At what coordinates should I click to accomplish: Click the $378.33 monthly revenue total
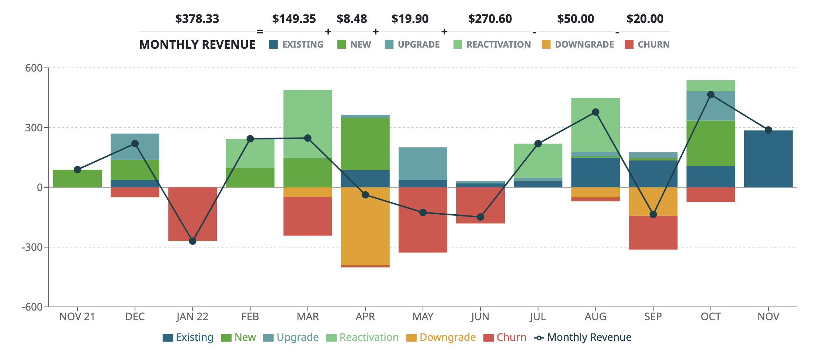pyautogui.click(x=197, y=19)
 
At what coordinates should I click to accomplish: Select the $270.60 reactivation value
pyautogui.click(x=490, y=19)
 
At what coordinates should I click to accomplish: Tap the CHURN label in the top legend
pyautogui.click(x=653, y=45)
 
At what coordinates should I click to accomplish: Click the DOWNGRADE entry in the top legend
pyautogui.click(x=584, y=45)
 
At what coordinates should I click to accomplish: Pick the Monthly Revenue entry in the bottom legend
pyautogui.click(x=589, y=337)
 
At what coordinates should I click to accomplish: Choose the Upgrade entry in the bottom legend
pyautogui.click(x=297, y=337)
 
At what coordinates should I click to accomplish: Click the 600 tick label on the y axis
pyautogui.click(x=34, y=68)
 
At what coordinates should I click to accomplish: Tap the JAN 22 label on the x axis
pyautogui.click(x=192, y=317)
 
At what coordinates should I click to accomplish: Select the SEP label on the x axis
pyautogui.click(x=653, y=317)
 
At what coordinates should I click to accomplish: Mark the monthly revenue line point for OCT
pyautogui.click(x=711, y=95)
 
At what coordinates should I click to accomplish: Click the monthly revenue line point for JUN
pyautogui.click(x=480, y=217)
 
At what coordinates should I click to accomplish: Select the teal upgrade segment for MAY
pyautogui.click(x=423, y=163)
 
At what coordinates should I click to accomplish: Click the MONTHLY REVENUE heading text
pyautogui.click(x=197, y=45)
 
